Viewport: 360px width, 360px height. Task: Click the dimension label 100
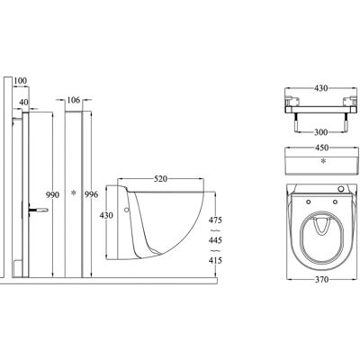(21, 81)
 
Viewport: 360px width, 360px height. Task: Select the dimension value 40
(23, 103)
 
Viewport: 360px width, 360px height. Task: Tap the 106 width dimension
(74, 100)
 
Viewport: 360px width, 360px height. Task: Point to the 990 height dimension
(52, 195)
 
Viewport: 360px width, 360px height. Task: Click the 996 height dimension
(91, 194)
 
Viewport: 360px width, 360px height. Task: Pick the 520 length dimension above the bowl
(160, 179)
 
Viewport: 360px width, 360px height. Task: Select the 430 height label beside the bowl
(106, 215)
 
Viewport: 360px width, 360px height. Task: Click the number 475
(215, 220)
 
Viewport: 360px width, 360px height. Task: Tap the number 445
(215, 240)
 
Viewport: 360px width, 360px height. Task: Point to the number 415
(215, 260)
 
